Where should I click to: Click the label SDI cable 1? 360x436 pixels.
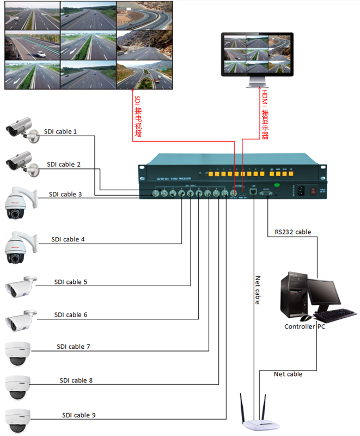point(60,131)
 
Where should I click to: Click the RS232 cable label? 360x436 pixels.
point(292,232)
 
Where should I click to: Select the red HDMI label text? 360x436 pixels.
point(265,115)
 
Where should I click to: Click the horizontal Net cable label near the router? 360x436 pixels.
point(288,374)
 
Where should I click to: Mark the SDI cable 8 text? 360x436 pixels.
point(76,380)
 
